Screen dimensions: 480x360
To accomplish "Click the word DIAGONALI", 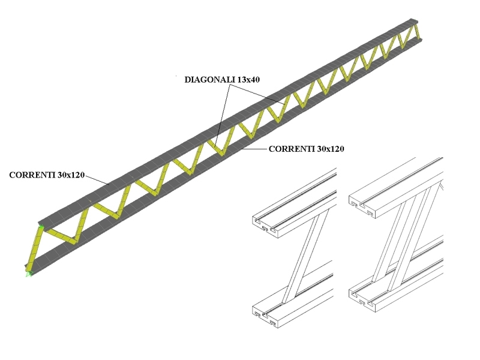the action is pos(210,80).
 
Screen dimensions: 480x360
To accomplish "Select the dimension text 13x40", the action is pos(248,80).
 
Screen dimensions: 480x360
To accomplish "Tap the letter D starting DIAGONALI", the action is pos(188,80).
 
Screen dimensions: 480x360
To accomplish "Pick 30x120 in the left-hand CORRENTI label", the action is pos(71,175).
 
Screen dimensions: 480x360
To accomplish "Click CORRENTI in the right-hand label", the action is pos(292,149).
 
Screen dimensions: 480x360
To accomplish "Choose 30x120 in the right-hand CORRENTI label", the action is pos(331,149).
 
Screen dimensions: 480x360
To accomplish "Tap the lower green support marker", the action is pos(29,274).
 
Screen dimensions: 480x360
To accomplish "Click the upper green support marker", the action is pos(41,227).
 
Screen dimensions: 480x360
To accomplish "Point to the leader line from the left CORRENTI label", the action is pos(97,180).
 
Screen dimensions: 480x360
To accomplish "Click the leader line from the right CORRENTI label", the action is pos(254,149).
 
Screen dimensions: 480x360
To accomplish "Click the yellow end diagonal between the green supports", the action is pos(34,250).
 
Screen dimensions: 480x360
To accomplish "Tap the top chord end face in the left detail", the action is pos(265,227).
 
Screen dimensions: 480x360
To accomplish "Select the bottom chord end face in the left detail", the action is pos(265,317).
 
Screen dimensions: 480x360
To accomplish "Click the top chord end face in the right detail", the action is pos(362,207).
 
